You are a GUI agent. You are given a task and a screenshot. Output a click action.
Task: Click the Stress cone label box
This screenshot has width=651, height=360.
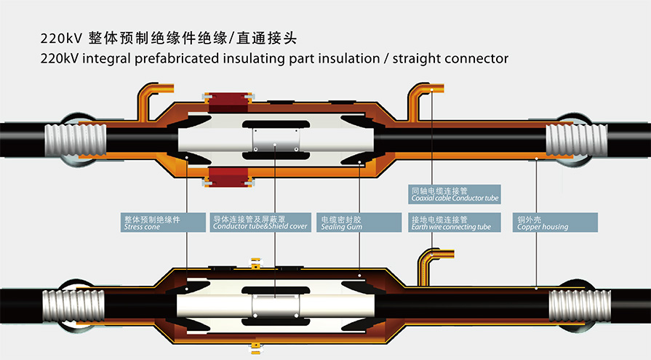[163, 223]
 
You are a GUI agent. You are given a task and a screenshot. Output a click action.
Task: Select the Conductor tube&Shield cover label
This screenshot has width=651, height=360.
[260, 223]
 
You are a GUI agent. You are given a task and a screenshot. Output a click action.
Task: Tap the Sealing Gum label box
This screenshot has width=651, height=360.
[359, 223]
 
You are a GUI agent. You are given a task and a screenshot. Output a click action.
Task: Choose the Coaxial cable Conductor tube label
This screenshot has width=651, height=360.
[455, 194]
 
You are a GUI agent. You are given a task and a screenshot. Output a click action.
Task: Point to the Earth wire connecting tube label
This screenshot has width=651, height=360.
[455, 223]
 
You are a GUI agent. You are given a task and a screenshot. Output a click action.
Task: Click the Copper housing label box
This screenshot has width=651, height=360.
[556, 223]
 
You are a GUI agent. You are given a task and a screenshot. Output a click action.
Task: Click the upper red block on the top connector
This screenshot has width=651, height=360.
[228, 103]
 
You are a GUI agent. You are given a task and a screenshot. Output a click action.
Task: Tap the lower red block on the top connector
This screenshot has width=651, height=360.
[228, 177]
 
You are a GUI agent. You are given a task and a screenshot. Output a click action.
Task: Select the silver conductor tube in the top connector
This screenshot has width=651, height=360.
[276, 140]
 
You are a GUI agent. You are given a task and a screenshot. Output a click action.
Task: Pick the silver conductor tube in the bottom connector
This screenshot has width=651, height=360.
[276, 306]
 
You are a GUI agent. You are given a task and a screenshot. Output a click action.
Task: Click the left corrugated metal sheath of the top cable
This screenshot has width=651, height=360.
[76, 140]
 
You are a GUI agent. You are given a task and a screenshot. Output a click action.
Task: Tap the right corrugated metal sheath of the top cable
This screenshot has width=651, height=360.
[576, 140]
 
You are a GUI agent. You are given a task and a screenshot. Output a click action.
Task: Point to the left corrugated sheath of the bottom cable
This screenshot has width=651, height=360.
[73, 305]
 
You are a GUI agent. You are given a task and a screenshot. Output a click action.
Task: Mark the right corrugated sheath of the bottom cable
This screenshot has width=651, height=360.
[580, 305]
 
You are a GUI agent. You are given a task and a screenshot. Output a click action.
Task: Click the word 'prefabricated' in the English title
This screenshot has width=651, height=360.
[177, 59]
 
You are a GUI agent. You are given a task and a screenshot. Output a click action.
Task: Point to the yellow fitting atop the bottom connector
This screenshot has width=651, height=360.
[256, 264]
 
